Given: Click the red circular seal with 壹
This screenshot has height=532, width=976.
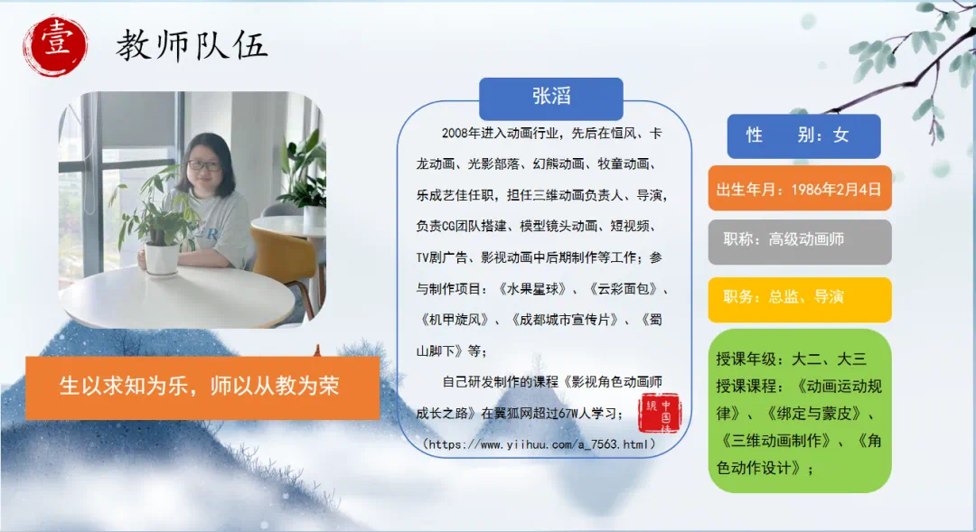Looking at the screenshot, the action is click(55, 46).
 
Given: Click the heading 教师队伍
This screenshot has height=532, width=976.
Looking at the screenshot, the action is click(192, 46).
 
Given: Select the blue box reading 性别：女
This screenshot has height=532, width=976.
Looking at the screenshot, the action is click(803, 135).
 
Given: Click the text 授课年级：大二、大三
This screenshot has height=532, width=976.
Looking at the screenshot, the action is click(791, 359).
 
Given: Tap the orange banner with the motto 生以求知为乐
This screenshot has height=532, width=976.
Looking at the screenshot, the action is click(202, 387).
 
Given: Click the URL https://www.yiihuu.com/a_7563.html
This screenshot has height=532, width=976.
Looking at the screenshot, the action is click(539, 444).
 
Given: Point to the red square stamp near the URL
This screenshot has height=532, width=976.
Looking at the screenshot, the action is click(659, 413).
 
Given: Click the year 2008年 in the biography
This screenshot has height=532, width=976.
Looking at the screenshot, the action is click(461, 133).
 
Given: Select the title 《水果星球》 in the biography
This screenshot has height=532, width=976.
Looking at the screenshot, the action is click(532, 289).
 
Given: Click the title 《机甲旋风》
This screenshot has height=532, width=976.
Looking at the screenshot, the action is click(455, 320).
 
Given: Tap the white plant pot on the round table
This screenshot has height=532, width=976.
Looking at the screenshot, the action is click(161, 258).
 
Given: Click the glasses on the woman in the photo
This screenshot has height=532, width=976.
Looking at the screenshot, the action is click(203, 166).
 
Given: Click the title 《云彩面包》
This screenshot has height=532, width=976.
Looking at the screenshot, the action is click(623, 289).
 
